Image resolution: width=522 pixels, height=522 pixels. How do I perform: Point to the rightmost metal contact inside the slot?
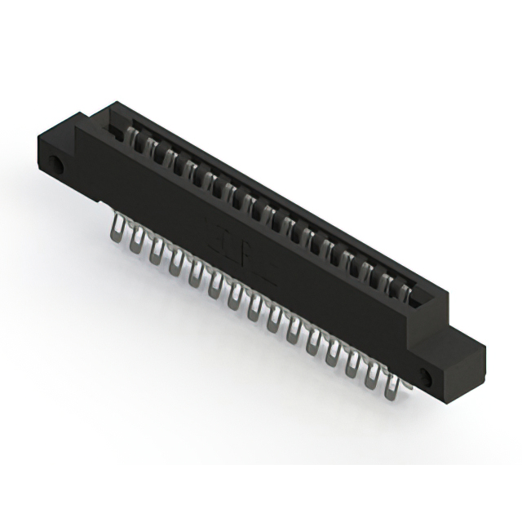pos(405,290)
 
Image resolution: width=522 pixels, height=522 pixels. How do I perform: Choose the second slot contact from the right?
pos(384,279)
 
